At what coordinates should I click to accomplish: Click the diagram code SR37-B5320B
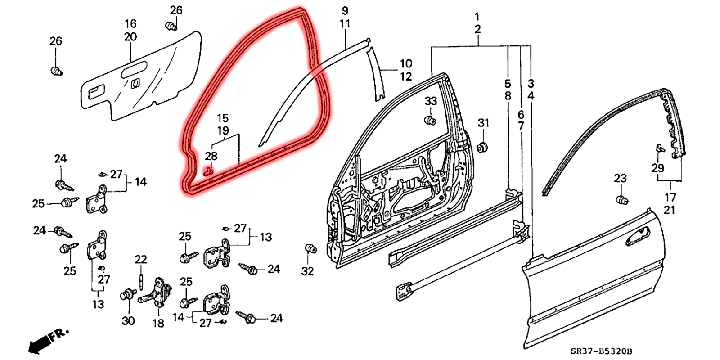[x=602, y=351]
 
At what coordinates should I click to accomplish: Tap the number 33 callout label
[x=431, y=101]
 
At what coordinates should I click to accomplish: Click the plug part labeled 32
[x=310, y=249]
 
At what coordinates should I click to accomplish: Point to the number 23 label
[x=620, y=178]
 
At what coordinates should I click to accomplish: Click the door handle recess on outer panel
[x=638, y=235]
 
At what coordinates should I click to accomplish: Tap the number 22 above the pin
[x=141, y=260]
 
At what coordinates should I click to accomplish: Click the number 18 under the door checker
[x=158, y=323]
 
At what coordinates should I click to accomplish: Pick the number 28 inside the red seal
[x=211, y=156]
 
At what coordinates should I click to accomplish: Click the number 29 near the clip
[x=657, y=168]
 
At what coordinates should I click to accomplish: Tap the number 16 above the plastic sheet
[x=130, y=24]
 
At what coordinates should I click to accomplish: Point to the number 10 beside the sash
[x=406, y=63]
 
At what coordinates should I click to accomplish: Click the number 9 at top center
[x=345, y=10]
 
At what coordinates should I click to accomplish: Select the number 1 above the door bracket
[x=477, y=17]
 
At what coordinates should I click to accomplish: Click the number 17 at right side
[x=670, y=197]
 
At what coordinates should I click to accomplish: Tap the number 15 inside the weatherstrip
[x=223, y=118]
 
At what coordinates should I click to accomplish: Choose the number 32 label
[x=307, y=271]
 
